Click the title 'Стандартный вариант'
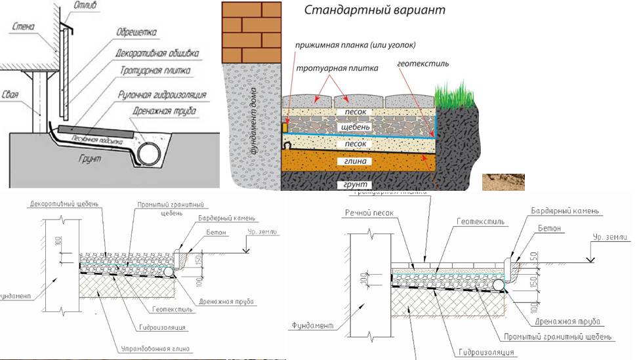tap(365, 10)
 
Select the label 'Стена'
tap(23, 26)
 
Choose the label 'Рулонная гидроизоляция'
tap(169, 94)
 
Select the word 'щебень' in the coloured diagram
tap(354, 126)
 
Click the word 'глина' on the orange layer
tap(354, 160)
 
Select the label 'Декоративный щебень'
tap(64, 204)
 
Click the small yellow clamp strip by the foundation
tap(285, 126)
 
